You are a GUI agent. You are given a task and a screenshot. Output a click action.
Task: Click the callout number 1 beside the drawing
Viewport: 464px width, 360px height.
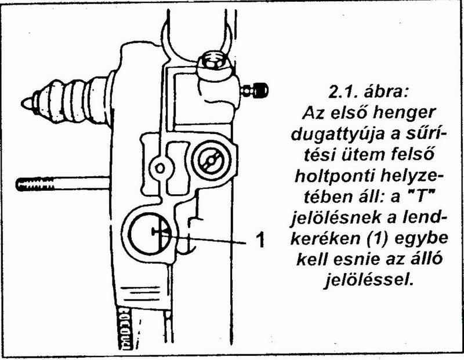[x=260, y=239]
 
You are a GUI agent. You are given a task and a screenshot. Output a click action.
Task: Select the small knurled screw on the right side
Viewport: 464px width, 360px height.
[x=255, y=90]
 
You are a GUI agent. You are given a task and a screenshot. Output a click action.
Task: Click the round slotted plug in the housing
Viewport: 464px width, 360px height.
[x=211, y=161]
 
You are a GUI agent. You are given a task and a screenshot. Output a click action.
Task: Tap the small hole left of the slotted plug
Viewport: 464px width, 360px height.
[x=160, y=169]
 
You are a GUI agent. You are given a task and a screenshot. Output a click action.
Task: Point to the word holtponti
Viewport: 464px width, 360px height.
[x=334, y=177]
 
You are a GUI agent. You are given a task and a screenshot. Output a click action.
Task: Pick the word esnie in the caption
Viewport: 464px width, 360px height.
[x=360, y=260]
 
